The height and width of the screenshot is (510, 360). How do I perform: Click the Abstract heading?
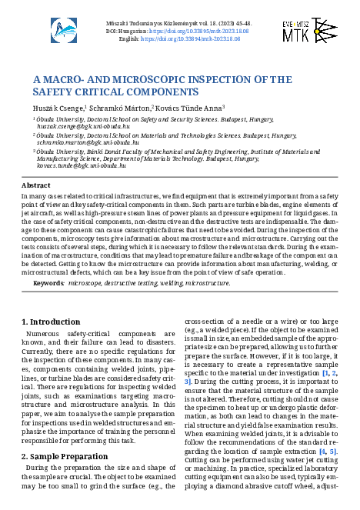(35, 186)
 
